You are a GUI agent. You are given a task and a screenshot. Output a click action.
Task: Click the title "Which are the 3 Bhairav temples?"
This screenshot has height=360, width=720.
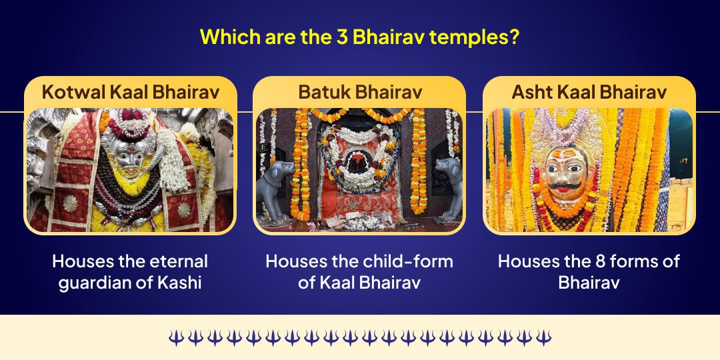coord(359,36)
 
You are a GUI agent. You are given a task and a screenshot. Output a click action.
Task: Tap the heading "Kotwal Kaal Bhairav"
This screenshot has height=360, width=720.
coord(130,92)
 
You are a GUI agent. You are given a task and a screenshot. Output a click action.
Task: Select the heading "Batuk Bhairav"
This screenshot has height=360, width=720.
coord(359,92)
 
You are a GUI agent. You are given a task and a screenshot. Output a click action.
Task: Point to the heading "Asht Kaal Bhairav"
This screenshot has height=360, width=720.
coord(589,92)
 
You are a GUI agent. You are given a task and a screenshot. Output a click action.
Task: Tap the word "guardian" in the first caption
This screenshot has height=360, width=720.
coord(91,282)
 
